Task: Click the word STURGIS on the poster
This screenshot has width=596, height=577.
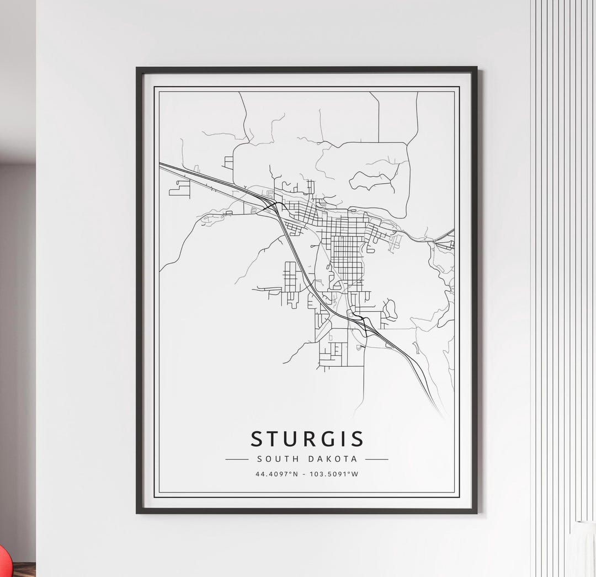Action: (x=307, y=439)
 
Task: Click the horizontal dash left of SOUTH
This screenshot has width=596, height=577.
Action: (x=237, y=459)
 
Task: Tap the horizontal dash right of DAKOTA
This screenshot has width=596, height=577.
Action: (x=376, y=459)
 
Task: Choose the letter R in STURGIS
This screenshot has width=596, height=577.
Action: (x=311, y=439)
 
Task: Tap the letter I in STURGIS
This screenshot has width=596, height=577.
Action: (x=344, y=439)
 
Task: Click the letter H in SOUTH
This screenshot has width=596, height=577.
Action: (x=296, y=459)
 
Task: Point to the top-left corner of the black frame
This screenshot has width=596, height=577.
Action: (x=137, y=68)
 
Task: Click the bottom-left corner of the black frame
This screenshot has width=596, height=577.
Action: (x=137, y=512)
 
